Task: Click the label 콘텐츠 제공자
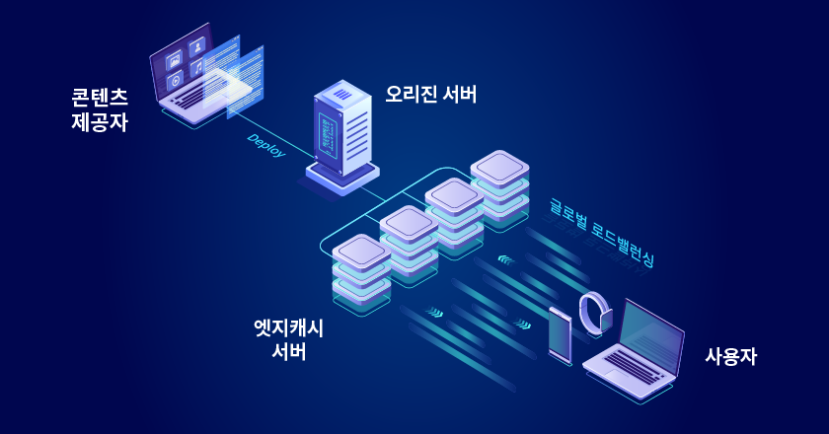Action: (100, 110)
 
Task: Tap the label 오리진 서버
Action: (431, 95)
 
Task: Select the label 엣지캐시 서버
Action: (288, 339)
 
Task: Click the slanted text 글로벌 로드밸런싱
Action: (601, 233)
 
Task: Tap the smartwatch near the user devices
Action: (595, 314)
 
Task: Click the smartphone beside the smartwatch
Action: (560, 335)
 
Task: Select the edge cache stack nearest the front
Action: (362, 273)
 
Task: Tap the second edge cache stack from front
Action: (409, 244)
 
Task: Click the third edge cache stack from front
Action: (454, 216)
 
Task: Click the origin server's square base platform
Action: (341, 177)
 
